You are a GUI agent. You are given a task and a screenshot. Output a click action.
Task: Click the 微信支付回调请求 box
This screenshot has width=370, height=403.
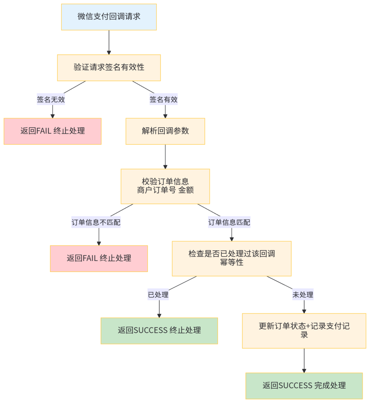point(109,17)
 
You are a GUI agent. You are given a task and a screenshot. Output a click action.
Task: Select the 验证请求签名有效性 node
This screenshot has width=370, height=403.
point(109,68)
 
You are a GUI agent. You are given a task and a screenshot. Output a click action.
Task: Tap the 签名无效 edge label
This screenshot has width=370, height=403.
point(51,100)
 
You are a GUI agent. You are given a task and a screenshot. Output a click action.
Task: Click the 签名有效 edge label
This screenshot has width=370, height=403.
point(163,100)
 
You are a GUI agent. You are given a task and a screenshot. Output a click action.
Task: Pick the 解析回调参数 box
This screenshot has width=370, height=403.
point(165,131)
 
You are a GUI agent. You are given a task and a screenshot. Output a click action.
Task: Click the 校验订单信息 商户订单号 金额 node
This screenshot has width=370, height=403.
point(165,186)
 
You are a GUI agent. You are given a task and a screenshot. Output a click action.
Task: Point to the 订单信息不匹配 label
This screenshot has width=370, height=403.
point(96,222)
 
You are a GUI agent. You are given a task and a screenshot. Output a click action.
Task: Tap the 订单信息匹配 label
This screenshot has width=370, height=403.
point(229,222)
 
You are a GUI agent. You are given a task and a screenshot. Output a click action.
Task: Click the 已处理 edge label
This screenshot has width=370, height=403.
point(158,295)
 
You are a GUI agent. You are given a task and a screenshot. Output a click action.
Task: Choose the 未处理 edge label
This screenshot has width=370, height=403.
point(303,295)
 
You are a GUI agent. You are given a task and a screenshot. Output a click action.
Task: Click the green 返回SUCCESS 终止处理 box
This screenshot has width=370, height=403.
point(159,330)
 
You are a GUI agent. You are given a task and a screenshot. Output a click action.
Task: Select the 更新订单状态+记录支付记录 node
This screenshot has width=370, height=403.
point(304,330)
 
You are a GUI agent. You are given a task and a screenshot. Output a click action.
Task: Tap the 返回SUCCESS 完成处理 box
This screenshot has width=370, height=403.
point(304,386)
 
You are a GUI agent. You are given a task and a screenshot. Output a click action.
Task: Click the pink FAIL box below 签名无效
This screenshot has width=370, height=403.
point(52,131)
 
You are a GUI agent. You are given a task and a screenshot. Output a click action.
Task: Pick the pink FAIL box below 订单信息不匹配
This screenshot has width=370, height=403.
point(99,258)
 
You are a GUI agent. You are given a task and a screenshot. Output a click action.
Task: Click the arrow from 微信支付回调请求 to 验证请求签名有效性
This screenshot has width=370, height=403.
point(109,43)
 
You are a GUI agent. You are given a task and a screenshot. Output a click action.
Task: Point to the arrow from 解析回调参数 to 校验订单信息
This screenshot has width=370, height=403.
point(165,156)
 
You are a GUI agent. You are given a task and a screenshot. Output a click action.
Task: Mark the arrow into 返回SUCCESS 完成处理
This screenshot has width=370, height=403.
point(304,361)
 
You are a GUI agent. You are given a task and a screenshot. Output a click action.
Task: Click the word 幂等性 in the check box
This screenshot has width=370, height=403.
point(232,263)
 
